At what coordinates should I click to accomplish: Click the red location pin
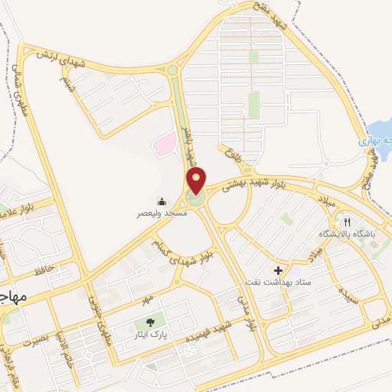197,181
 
